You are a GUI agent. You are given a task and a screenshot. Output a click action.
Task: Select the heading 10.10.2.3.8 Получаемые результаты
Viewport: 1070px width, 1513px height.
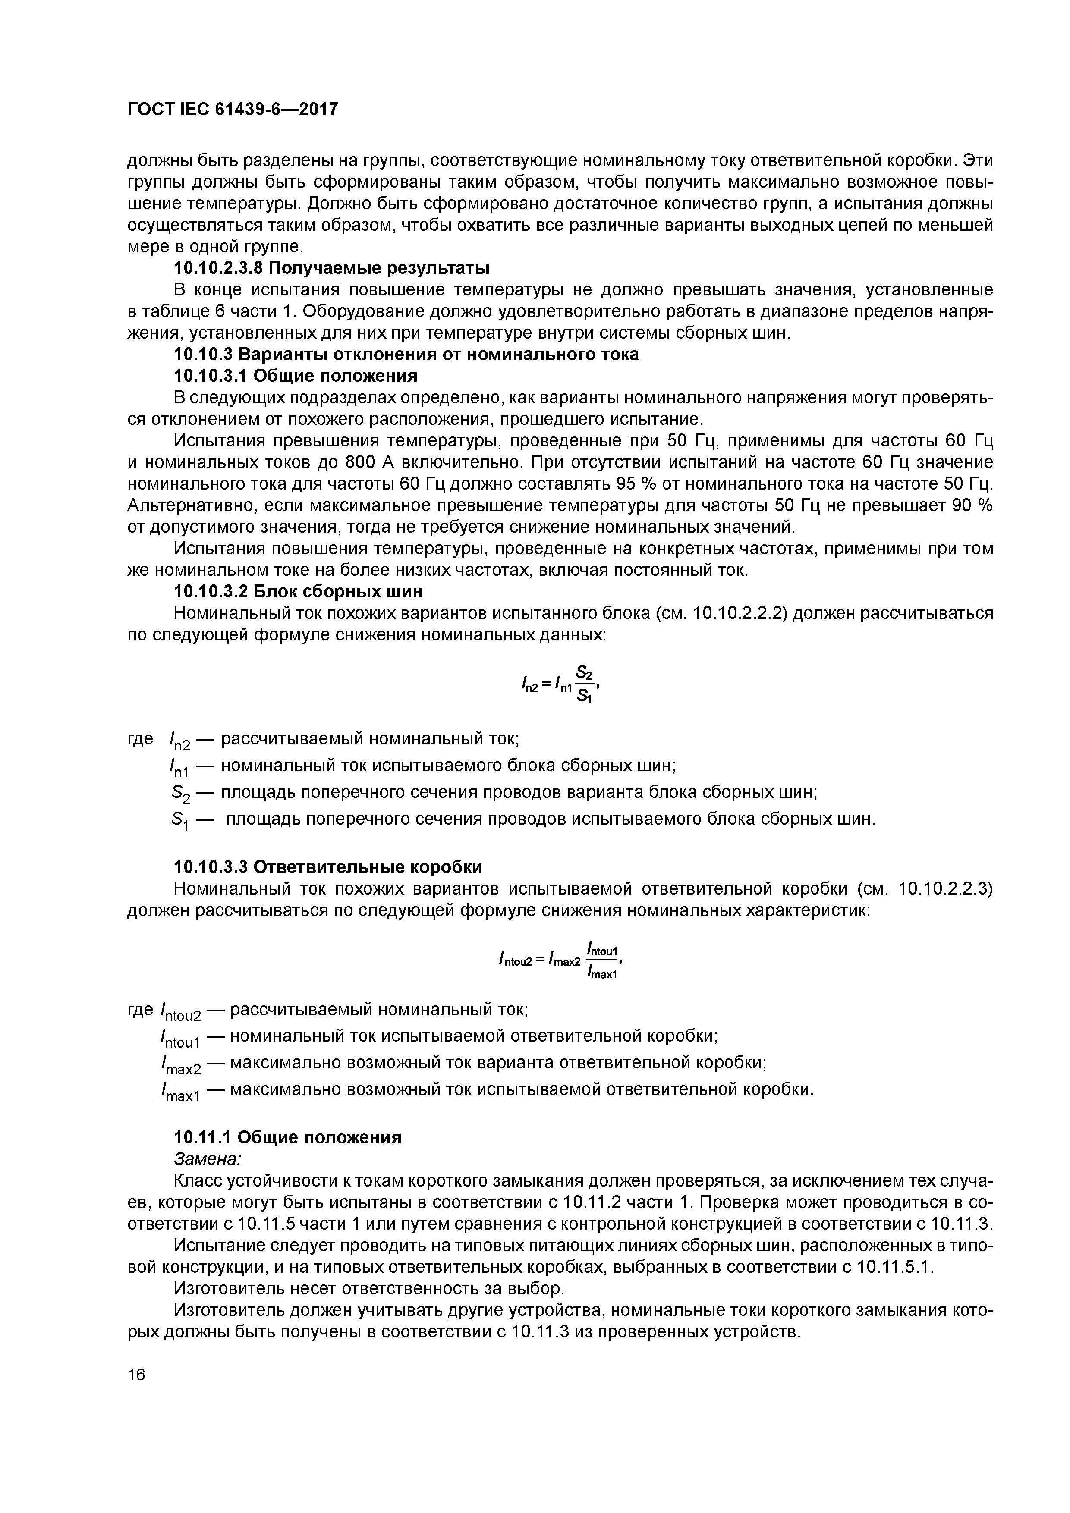click(332, 268)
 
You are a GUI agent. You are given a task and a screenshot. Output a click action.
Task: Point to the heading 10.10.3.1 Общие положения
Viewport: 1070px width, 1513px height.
click(296, 376)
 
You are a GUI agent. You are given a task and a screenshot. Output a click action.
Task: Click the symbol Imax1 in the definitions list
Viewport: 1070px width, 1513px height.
click(180, 1092)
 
